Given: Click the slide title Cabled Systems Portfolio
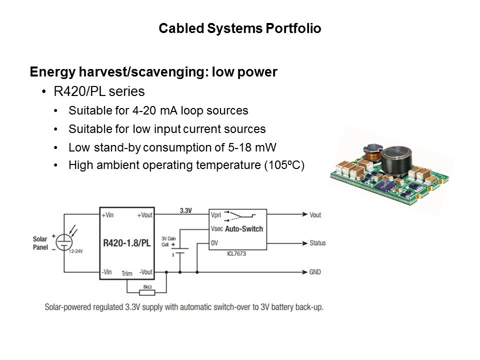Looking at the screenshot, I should click(x=239, y=28).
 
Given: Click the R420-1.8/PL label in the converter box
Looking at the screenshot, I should click(x=126, y=243).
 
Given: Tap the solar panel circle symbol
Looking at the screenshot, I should click(x=64, y=242).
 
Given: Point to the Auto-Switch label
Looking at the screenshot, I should click(x=244, y=229).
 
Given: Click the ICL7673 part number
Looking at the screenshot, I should click(x=236, y=254).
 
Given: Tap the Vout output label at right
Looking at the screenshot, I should click(x=315, y=214).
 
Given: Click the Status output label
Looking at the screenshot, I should click(x=317, y=243).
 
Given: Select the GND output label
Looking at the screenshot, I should click(x=315, y=272).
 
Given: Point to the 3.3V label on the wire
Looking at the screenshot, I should click(x=186, y=211).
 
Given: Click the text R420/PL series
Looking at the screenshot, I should click(x=99, y=91).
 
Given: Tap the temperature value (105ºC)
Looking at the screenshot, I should click(x=284, y=166).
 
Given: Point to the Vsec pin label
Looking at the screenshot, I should click(x=217, y=229).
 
